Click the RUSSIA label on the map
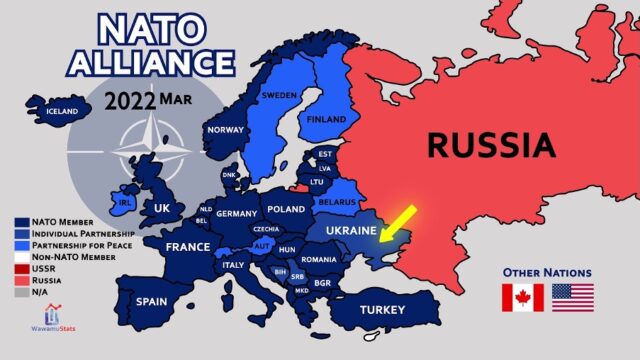pos(491,146)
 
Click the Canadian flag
pos(523,297)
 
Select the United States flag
pos(573,297)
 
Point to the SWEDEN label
pos(280,96)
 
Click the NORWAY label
pos(225,130)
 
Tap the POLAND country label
pos(287,211)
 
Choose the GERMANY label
pos(237,214)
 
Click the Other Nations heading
pos(547,272)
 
